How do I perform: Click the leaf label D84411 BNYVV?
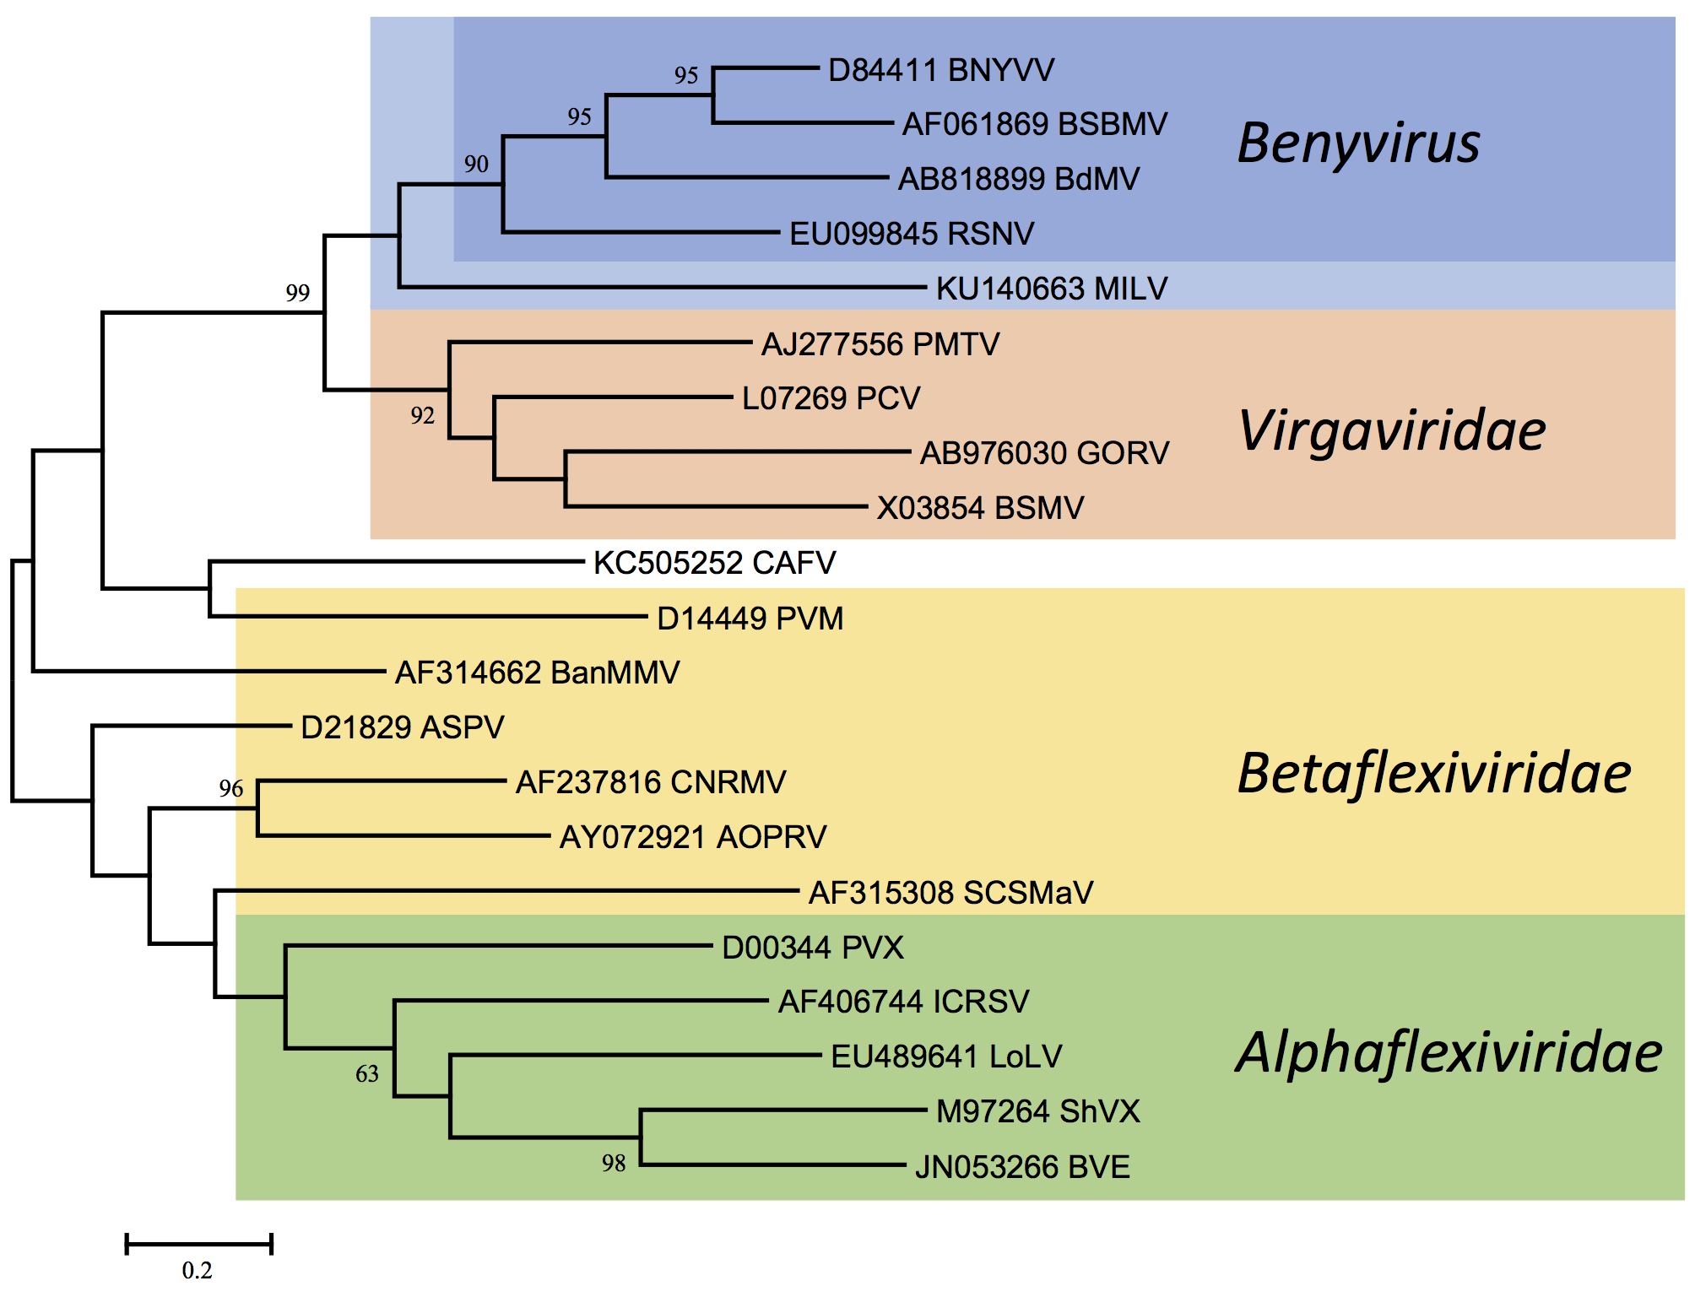pos(940,70)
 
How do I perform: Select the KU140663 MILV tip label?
pos(1051,289)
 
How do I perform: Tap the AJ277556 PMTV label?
pos(880,344)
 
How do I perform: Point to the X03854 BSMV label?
pos(979,508)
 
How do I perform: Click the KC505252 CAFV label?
pos(714,563)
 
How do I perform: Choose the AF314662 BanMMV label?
pos(537,673)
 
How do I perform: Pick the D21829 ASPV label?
pos(402,727)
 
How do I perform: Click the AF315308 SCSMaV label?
pos(950,893)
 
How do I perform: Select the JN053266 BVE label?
pos(1022,1167)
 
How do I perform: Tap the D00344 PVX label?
pos(812,948)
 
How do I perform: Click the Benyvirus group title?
pos(1358,143)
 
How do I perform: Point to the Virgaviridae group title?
pos(1392,431)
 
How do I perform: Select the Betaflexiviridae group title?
pos(1433,774)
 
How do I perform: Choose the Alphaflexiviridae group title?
pos(1449,1053)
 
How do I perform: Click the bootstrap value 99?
pos(297,293)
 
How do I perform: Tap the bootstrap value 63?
pos(366,1074)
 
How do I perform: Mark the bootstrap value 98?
pos(614,1164)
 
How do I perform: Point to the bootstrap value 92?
pos(422,415)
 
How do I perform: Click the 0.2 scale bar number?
pos(197,1270)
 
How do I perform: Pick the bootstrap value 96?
pos(230,788)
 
